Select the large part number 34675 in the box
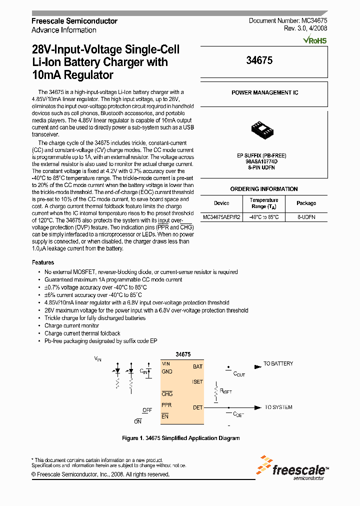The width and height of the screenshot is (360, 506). pyautogui.click(x=259, y=60)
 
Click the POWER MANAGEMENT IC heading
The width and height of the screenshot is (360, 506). pyautogui.click(x=264, y=93)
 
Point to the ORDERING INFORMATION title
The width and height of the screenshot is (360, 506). pyautogui.click(x=263, y=189)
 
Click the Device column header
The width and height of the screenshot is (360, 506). pyautogui.click(x=221, y=203)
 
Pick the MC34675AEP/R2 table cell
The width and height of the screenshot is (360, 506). pyautogui.click(x=221, y=217)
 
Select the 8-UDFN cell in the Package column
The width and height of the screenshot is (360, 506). pyautogui.click(x=306, y=217)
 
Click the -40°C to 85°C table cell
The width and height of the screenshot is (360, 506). pyautogui.click(x=264, y=217)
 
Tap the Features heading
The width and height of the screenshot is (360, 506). pyautogui.click(x=43, y=262)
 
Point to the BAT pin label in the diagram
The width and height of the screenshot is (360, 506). pyautogui.click(x=197, y=366)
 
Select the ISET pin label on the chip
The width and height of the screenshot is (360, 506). pyautogui.click(x=197, y=382)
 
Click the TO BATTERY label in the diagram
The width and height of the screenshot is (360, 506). pyautogui.click(x=278, y=363)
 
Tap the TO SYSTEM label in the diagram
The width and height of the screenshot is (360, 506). pyautogui.click(x=278, y=407)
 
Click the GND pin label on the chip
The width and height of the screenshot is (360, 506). pyautogui.click(x=167, y=371)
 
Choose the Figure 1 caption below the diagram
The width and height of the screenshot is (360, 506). pyautogui.click(x=181, y=438)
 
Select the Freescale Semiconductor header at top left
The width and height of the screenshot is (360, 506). pyautogui.click(x=74, y=21)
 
